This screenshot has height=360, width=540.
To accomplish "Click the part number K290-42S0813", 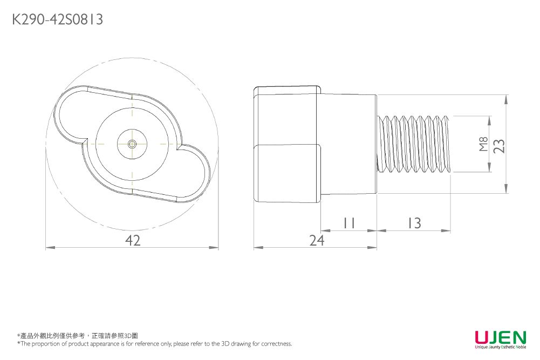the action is [58, 19].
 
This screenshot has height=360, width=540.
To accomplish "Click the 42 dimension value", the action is [133, 240].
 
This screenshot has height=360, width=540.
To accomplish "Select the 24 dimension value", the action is [317, 240].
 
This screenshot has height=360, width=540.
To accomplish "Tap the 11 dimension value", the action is [349, 223].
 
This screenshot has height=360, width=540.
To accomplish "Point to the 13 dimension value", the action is [415, 223].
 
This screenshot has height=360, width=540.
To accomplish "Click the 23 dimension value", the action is [499, 146].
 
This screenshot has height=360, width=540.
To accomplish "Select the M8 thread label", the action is [483, 144].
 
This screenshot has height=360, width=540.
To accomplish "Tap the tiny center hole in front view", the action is [132, 144].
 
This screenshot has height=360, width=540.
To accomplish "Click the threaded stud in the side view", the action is [414, 144].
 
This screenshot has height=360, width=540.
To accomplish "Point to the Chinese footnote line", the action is [78, 336].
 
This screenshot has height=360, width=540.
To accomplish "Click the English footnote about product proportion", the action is [155, 343].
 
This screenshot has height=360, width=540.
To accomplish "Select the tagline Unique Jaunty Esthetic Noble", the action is [501, 347].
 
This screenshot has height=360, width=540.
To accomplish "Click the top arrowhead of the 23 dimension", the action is [506, 99].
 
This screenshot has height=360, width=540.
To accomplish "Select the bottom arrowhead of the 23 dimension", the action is [506, 188].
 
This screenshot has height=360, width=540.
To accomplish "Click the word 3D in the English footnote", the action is [225, 343].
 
